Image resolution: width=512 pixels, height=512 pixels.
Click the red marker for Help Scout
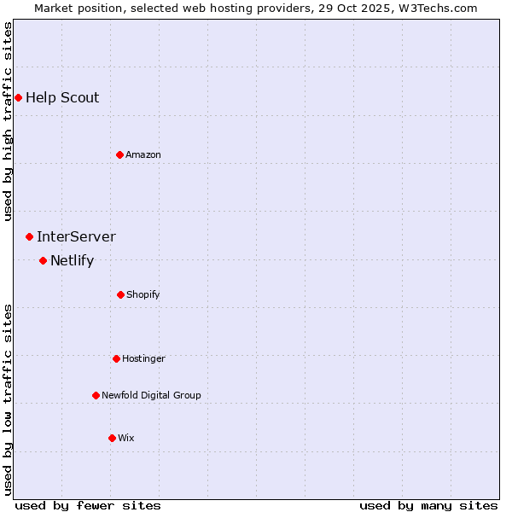[x=18, y=97]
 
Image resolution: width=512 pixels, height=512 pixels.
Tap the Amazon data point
[x=119, y=154]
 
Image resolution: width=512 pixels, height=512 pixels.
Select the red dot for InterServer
[x=29, y=236]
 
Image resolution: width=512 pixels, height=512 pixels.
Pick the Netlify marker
[x=43, y=260]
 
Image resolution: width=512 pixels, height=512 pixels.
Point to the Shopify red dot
[x=120, y=294]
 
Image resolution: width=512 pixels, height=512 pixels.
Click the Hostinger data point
[x=116, y=358]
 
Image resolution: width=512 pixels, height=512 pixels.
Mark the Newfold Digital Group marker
[x=96, y=395]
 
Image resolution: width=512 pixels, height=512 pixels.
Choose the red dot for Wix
[x=112, y=438]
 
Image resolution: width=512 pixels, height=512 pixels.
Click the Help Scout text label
[x=62, y=97]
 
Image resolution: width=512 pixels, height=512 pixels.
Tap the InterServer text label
[x=76, y=236]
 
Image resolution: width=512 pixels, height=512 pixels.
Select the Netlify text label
[x=72, y=260]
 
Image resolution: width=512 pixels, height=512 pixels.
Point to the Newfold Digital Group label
[x=151, y=395]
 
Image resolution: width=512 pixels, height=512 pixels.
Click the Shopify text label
[x=143, y=294]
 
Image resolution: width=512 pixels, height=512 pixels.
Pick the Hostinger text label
[x=143, y=358]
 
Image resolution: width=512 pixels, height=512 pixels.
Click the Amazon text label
[x=143, y=154]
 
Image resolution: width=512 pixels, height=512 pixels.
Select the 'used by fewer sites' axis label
[x=88, y=505]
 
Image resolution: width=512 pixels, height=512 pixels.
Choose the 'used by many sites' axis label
[x=428, y=505]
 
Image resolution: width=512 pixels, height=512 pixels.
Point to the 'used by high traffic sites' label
[x=8, y=121]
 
